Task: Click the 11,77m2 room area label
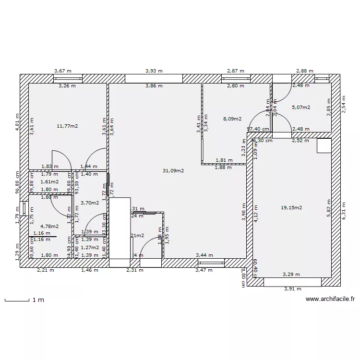point(67,126)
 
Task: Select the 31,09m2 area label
point(173,170)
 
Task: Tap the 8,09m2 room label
point(232,119)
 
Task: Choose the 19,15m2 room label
point(291,208)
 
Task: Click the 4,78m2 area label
point(49,226)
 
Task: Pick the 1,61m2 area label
point(49,182)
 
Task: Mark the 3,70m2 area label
point(90,203)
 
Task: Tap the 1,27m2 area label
point(90,248)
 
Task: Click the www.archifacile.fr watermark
point(330,299)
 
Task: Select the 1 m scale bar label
point(38,300)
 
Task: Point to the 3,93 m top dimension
point(154,71)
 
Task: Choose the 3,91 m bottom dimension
point(292,289)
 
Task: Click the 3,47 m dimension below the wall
point(204,270)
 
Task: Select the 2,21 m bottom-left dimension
point(46,270)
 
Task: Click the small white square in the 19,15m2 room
point(324,145)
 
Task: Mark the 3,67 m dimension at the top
point(63,71)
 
